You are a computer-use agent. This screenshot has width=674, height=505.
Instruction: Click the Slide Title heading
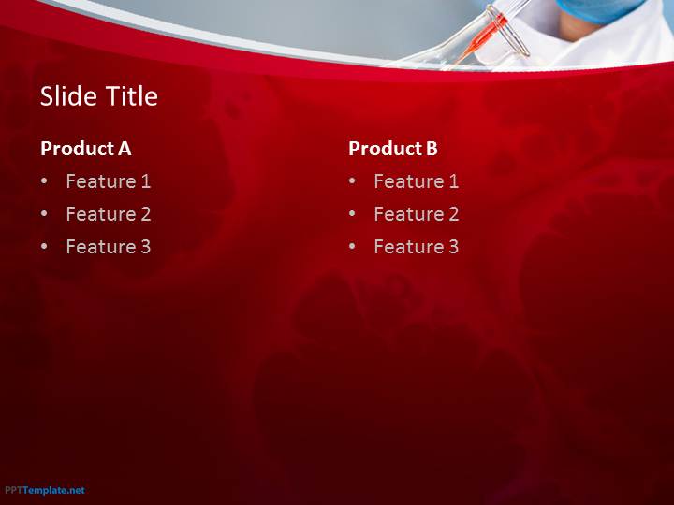99,95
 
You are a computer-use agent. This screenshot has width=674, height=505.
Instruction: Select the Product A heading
85,149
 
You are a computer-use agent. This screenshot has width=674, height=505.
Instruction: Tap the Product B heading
393,149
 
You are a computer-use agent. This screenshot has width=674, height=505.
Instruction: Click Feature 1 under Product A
109,181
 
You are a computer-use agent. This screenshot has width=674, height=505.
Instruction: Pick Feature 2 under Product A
109,214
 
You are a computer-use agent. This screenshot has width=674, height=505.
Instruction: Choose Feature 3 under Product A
109,247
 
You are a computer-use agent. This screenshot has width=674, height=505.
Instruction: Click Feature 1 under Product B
416,181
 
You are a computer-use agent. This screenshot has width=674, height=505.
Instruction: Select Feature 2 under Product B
416,214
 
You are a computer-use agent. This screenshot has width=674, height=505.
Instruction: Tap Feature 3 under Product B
416,247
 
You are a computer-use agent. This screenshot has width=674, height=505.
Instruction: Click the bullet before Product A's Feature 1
44,181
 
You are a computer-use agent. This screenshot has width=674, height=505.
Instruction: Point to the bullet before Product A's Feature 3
44,247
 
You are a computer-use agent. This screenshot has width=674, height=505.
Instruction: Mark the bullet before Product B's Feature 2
352,213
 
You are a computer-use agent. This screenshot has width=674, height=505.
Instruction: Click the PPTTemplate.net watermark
45,490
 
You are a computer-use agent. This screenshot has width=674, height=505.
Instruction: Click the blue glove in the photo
602,9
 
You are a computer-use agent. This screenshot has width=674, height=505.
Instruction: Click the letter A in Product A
125,148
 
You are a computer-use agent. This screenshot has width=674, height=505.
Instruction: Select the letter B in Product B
432,148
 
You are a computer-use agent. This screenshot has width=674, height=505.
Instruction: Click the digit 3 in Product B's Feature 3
453,247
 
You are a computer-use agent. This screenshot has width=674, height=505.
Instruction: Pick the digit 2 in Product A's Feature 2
146,214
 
